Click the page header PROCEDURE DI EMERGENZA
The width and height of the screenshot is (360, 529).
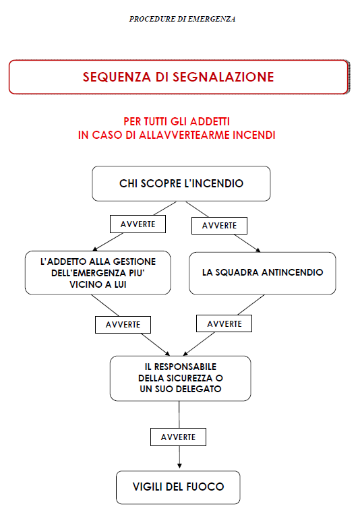point(182,19)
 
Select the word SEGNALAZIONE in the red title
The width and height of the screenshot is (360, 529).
point(223,77)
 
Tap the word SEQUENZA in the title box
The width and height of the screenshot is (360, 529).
point(117,77)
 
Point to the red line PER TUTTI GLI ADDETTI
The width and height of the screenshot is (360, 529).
point(177,121)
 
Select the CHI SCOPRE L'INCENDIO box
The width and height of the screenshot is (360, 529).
point(181,183)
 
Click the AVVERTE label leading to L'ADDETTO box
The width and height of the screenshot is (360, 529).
point(138,224)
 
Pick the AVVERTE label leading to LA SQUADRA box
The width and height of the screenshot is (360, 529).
point(219,226)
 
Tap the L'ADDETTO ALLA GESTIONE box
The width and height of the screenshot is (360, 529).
point(98,273)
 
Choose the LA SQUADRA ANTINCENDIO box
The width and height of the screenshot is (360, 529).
point(262,273)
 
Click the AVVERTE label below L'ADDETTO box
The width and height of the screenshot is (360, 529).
point(123,325)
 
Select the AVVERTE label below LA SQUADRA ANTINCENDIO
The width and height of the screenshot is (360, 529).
point(224,324)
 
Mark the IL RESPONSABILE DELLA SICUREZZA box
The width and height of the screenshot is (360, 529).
point(181,378)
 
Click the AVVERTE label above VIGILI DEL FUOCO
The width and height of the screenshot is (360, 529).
point(178,437)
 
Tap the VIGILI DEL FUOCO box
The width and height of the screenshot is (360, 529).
point(178,487)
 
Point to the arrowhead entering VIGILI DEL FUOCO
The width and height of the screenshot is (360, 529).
point(179,466)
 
